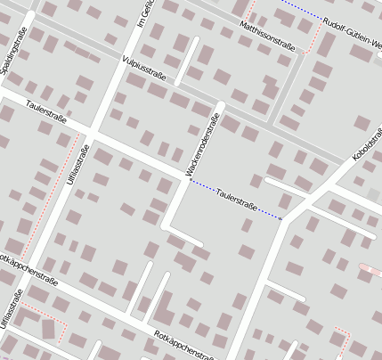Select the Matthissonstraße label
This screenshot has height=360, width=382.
(267, 37)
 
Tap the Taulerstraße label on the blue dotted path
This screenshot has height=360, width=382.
(237, 200)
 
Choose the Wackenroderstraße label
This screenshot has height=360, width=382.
(203, 147)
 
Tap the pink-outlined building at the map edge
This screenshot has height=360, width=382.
(372, 269)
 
